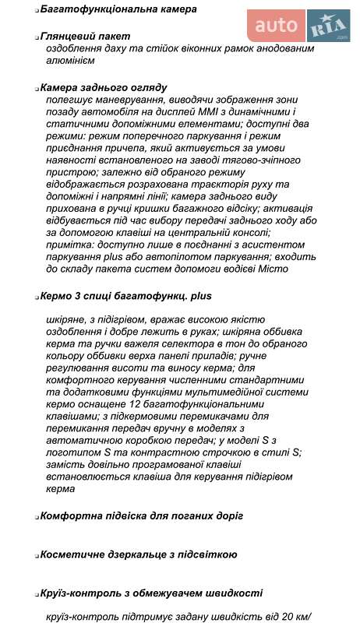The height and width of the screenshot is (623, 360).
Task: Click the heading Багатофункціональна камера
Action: click(x=107, y=9)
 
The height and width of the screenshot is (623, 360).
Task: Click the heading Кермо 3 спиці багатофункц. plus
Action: click(x=125, y=296)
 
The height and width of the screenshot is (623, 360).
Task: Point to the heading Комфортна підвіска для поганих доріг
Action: click(x=141, y=516)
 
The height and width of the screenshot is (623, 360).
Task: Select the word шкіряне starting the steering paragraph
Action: click(x=69, y=320)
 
